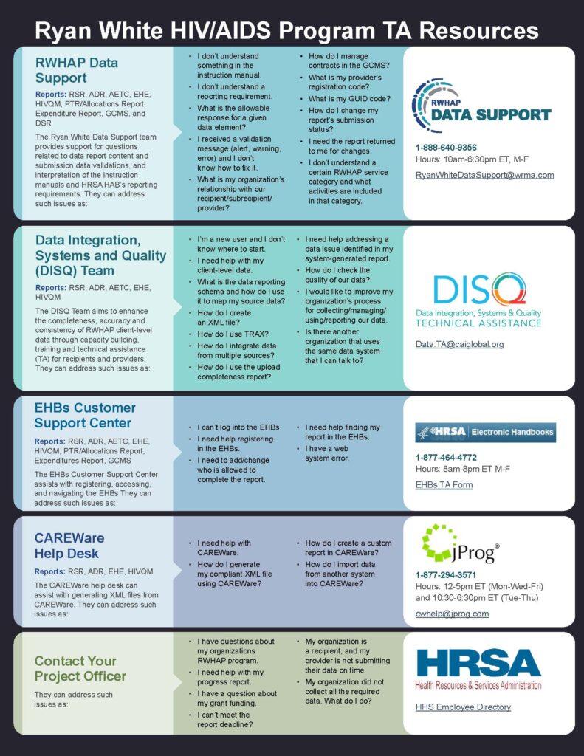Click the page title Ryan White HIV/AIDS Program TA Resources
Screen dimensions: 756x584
click(x=286, y=30)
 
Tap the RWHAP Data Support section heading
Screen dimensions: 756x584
click(x=77, y=69)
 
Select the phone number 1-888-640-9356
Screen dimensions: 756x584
click(x=446, y=147)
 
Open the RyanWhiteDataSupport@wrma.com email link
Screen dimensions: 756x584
click(x=484, y=175)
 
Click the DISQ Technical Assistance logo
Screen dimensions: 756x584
click(x=488, y=300)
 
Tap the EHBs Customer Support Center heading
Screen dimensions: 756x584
click(x=85, y=415)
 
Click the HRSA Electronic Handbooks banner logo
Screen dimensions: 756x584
click(x=486, y=432)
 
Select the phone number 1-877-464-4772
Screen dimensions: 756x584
click(x=446, y=457)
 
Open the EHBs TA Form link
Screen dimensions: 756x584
click(x=444, y=485)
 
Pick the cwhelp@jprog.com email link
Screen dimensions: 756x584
click(x=452, y=614)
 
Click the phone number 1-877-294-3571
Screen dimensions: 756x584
click(x=446, y=574)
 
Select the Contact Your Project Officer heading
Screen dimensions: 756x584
click(x=80, y=668)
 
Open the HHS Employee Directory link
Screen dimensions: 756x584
click(x=463, y=707)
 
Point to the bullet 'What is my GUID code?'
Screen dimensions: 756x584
click(x=349, y=99)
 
